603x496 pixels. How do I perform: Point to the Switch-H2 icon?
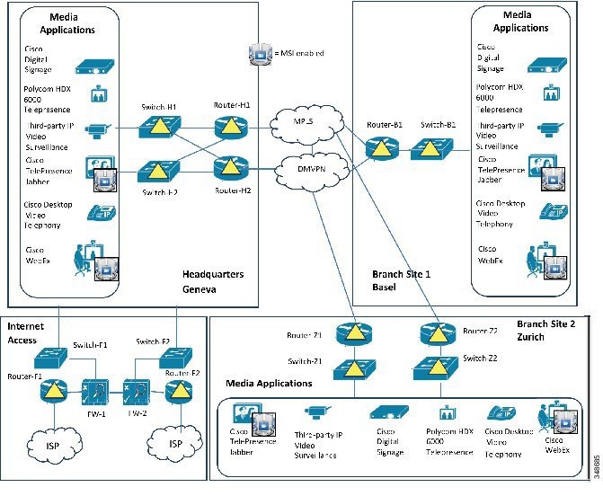[158, 168]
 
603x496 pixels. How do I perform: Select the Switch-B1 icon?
[436, 151]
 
